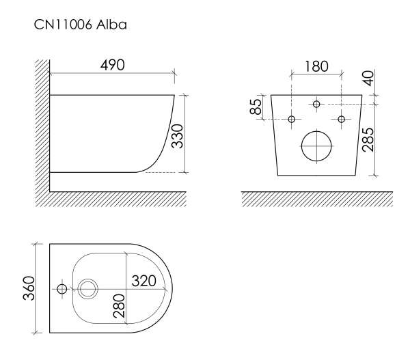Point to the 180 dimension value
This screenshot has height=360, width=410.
click(x=316, y=66)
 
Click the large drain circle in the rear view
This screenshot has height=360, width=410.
click(x=316, y=146)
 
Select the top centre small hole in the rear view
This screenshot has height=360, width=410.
click(x=316, y=104)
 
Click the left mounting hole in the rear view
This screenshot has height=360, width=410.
click(x=292, y=120)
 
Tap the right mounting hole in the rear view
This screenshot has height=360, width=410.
click(x=341, y=120)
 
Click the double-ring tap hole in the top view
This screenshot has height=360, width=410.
click(x=88, y=289)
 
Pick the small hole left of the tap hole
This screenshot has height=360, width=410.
click(x=61, y=289)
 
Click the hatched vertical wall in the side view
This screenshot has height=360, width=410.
click(x=43, y=123)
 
